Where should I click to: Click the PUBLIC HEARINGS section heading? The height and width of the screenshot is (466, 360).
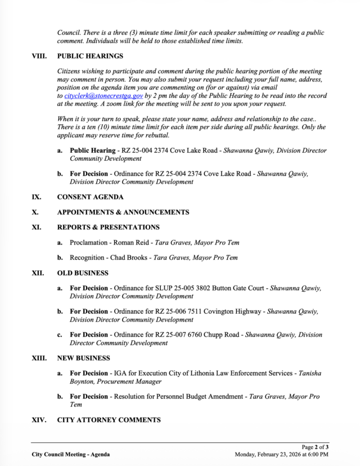[x=90, y=56]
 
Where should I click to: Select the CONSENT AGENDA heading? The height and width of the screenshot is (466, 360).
[x=90, y=197]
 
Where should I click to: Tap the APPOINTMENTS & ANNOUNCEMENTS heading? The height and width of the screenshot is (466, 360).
[x=123, y=212]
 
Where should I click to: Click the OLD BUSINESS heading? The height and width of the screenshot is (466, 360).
[x=83, y=273]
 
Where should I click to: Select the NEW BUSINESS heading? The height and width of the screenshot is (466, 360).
[x=83, y=358]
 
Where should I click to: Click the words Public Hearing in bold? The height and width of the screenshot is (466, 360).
[x=92, y=151]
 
